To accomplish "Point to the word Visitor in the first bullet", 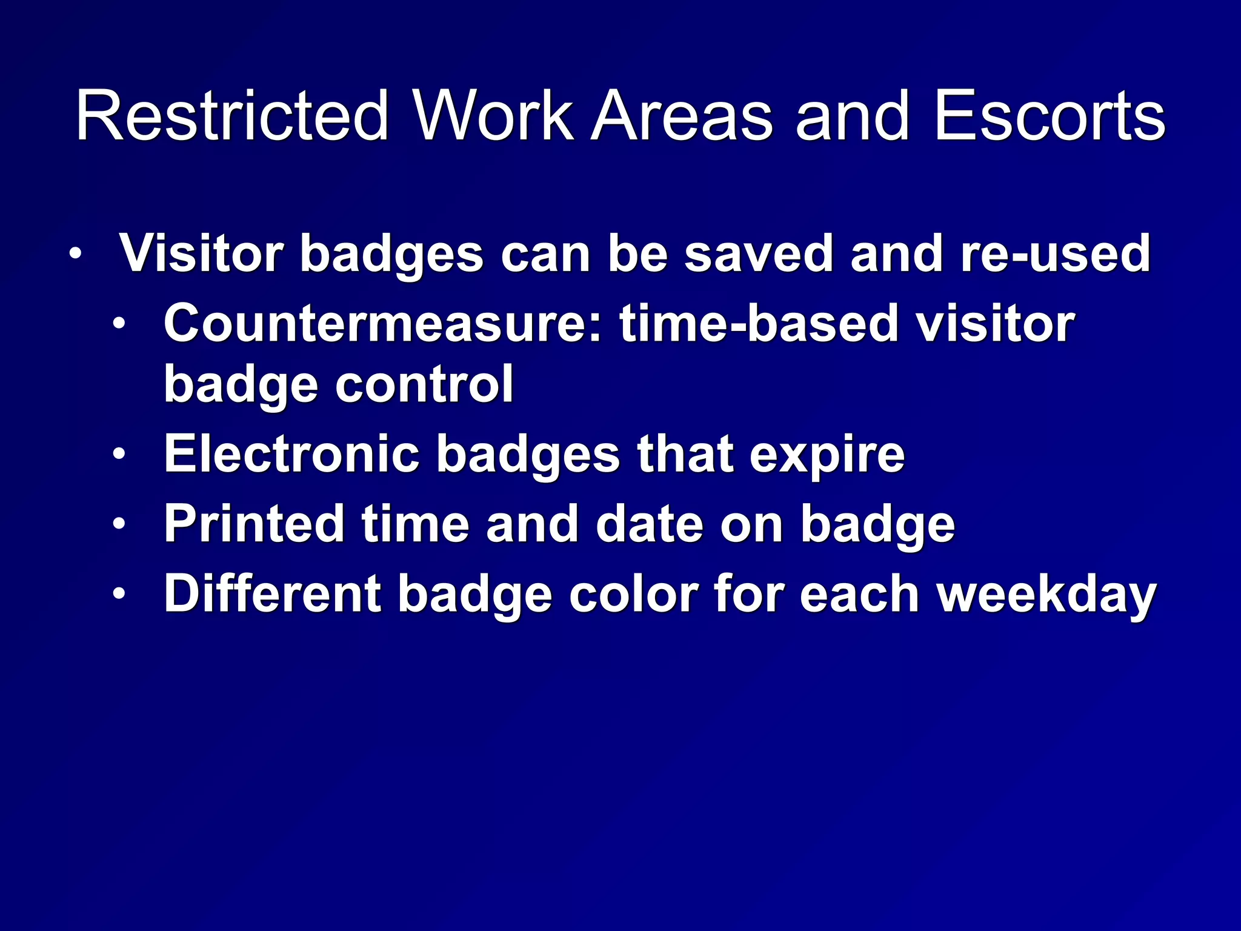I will (x=201, y=253).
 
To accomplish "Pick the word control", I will (x=424, y=384).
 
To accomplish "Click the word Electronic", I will (x=291, y=454).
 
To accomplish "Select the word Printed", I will (x=255, y=524).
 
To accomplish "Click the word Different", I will (x=272, y=593).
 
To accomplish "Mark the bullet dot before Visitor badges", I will (x=74, y=253).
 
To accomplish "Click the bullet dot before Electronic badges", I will (x=119, y=454).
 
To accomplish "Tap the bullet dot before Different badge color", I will (x=119, y=593).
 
